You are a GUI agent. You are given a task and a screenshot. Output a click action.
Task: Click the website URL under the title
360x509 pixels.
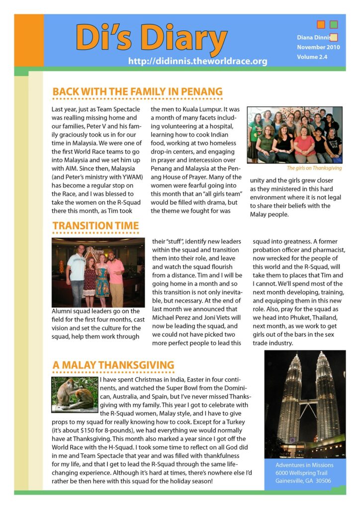point(197,62)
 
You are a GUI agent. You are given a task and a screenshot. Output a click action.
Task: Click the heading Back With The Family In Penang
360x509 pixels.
point(137,92)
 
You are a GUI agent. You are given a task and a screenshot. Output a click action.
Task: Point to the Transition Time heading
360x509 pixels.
point(95,226)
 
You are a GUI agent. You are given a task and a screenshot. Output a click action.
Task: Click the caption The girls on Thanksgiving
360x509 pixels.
point(314,168)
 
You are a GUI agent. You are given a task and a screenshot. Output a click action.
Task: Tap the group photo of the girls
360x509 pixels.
point(294,135)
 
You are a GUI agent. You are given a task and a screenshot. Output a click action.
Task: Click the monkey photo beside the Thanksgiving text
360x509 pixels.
point(75,395)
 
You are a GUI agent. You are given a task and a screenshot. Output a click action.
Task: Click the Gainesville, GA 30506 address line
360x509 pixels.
point(303,481)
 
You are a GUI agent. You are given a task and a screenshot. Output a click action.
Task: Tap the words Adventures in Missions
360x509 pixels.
point(304,465)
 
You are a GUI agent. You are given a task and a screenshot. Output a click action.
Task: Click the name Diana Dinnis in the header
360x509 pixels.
point(313,37)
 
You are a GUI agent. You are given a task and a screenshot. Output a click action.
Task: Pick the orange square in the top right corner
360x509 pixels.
point(321,24)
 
